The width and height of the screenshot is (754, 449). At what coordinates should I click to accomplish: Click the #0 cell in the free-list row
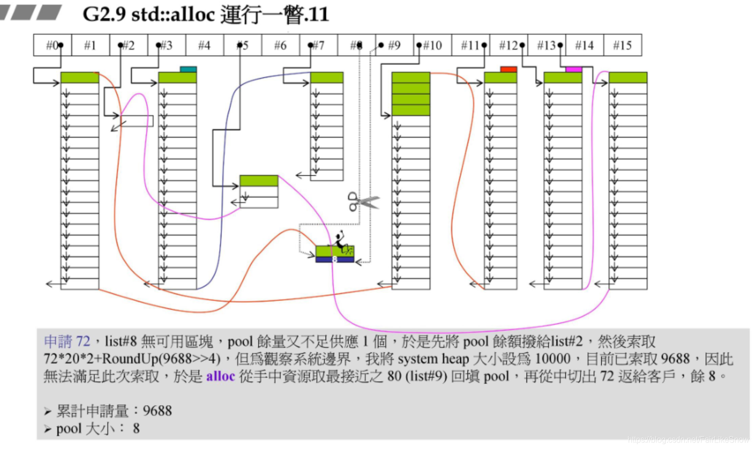[52, 45]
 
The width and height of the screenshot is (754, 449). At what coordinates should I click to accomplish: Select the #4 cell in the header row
[205, 45]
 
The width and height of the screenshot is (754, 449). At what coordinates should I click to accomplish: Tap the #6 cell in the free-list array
[280, 45]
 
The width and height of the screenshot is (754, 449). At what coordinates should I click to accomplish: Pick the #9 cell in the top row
[394, 45]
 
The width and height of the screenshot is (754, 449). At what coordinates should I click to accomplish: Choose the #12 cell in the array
[508, 45]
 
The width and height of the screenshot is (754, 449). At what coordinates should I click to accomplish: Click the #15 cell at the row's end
[623, 45]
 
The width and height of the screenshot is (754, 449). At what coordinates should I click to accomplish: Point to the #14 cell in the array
[585, 45]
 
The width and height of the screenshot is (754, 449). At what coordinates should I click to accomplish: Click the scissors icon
[363, 201]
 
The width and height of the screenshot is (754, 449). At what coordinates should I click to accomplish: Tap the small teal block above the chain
[188, 69]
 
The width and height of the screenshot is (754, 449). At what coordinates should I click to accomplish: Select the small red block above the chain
[508, 69]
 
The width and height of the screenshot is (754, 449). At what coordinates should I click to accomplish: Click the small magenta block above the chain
[574, 69]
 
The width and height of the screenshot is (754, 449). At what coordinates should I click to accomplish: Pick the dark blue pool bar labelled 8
[335, 260]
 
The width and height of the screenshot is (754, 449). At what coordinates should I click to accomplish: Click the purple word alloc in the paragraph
[220, 376]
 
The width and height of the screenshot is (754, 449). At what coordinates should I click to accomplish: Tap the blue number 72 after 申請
[83, 341]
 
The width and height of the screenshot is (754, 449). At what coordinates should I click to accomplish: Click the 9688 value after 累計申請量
[157, 411]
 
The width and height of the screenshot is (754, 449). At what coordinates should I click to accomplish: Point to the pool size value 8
[136, 429]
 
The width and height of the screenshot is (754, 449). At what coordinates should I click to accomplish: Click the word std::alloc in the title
[173, 14]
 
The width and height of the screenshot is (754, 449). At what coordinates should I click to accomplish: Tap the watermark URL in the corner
[688, 440]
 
